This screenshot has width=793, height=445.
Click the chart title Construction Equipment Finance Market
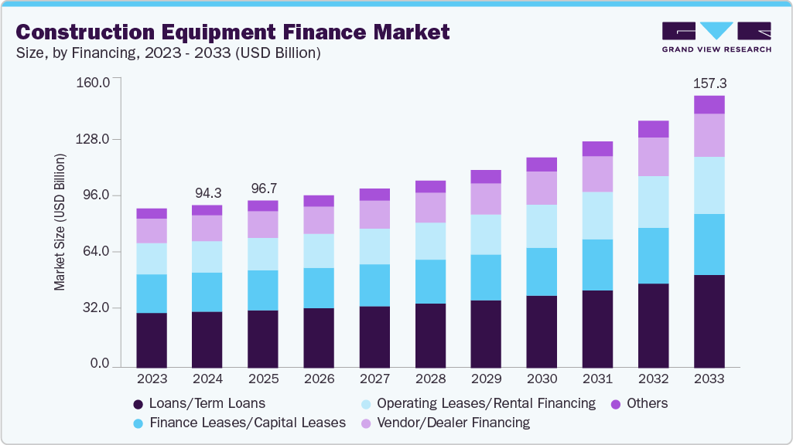232,32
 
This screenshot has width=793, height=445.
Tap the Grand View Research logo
716,37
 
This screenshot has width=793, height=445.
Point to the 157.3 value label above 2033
709,83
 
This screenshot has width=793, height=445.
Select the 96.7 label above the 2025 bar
263,188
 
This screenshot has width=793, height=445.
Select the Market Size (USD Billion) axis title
60,222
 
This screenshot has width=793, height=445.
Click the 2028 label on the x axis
430,379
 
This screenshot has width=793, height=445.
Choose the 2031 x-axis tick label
597,379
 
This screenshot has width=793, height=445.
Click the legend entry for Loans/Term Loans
199,403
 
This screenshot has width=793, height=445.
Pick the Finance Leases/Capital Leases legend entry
239,423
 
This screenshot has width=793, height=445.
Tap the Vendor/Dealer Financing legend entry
444,423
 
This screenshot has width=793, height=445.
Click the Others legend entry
639,403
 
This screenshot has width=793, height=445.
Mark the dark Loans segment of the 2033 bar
709,321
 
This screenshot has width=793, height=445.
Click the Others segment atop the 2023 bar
152,213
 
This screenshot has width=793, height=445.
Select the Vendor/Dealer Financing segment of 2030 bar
542,188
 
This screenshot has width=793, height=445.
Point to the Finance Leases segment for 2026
319,288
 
